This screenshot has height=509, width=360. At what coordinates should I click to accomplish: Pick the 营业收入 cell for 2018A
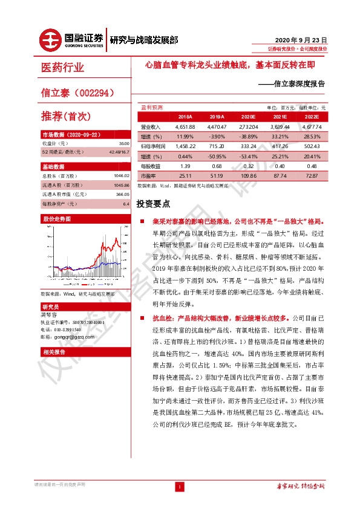[185, 127]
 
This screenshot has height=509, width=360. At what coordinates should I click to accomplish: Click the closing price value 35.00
[125, 144]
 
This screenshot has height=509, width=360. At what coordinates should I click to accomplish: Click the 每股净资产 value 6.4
[126, 204]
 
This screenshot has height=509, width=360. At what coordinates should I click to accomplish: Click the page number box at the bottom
[179, 487]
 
